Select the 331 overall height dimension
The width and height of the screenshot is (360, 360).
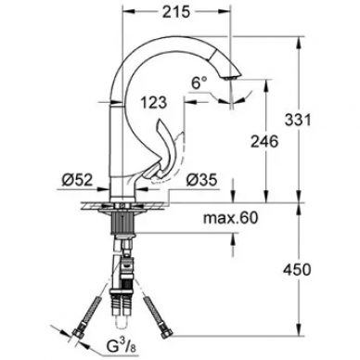pyautogui.click(x=298, y=120)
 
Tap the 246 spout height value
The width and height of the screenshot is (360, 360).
pyautogui.click(x=264, y=142)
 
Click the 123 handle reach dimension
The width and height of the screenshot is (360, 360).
pyautogui.click(x=154, y=103)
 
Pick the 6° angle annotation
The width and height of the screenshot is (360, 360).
pyautogui.click(x=199, y=83)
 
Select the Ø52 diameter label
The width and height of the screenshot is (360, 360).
pyautogui.click(x=77, y=180)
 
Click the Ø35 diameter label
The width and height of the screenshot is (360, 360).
pyautogui.click(x=201, y=180)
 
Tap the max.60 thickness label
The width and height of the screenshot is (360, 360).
pyautogui.click(x=230, y=218)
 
